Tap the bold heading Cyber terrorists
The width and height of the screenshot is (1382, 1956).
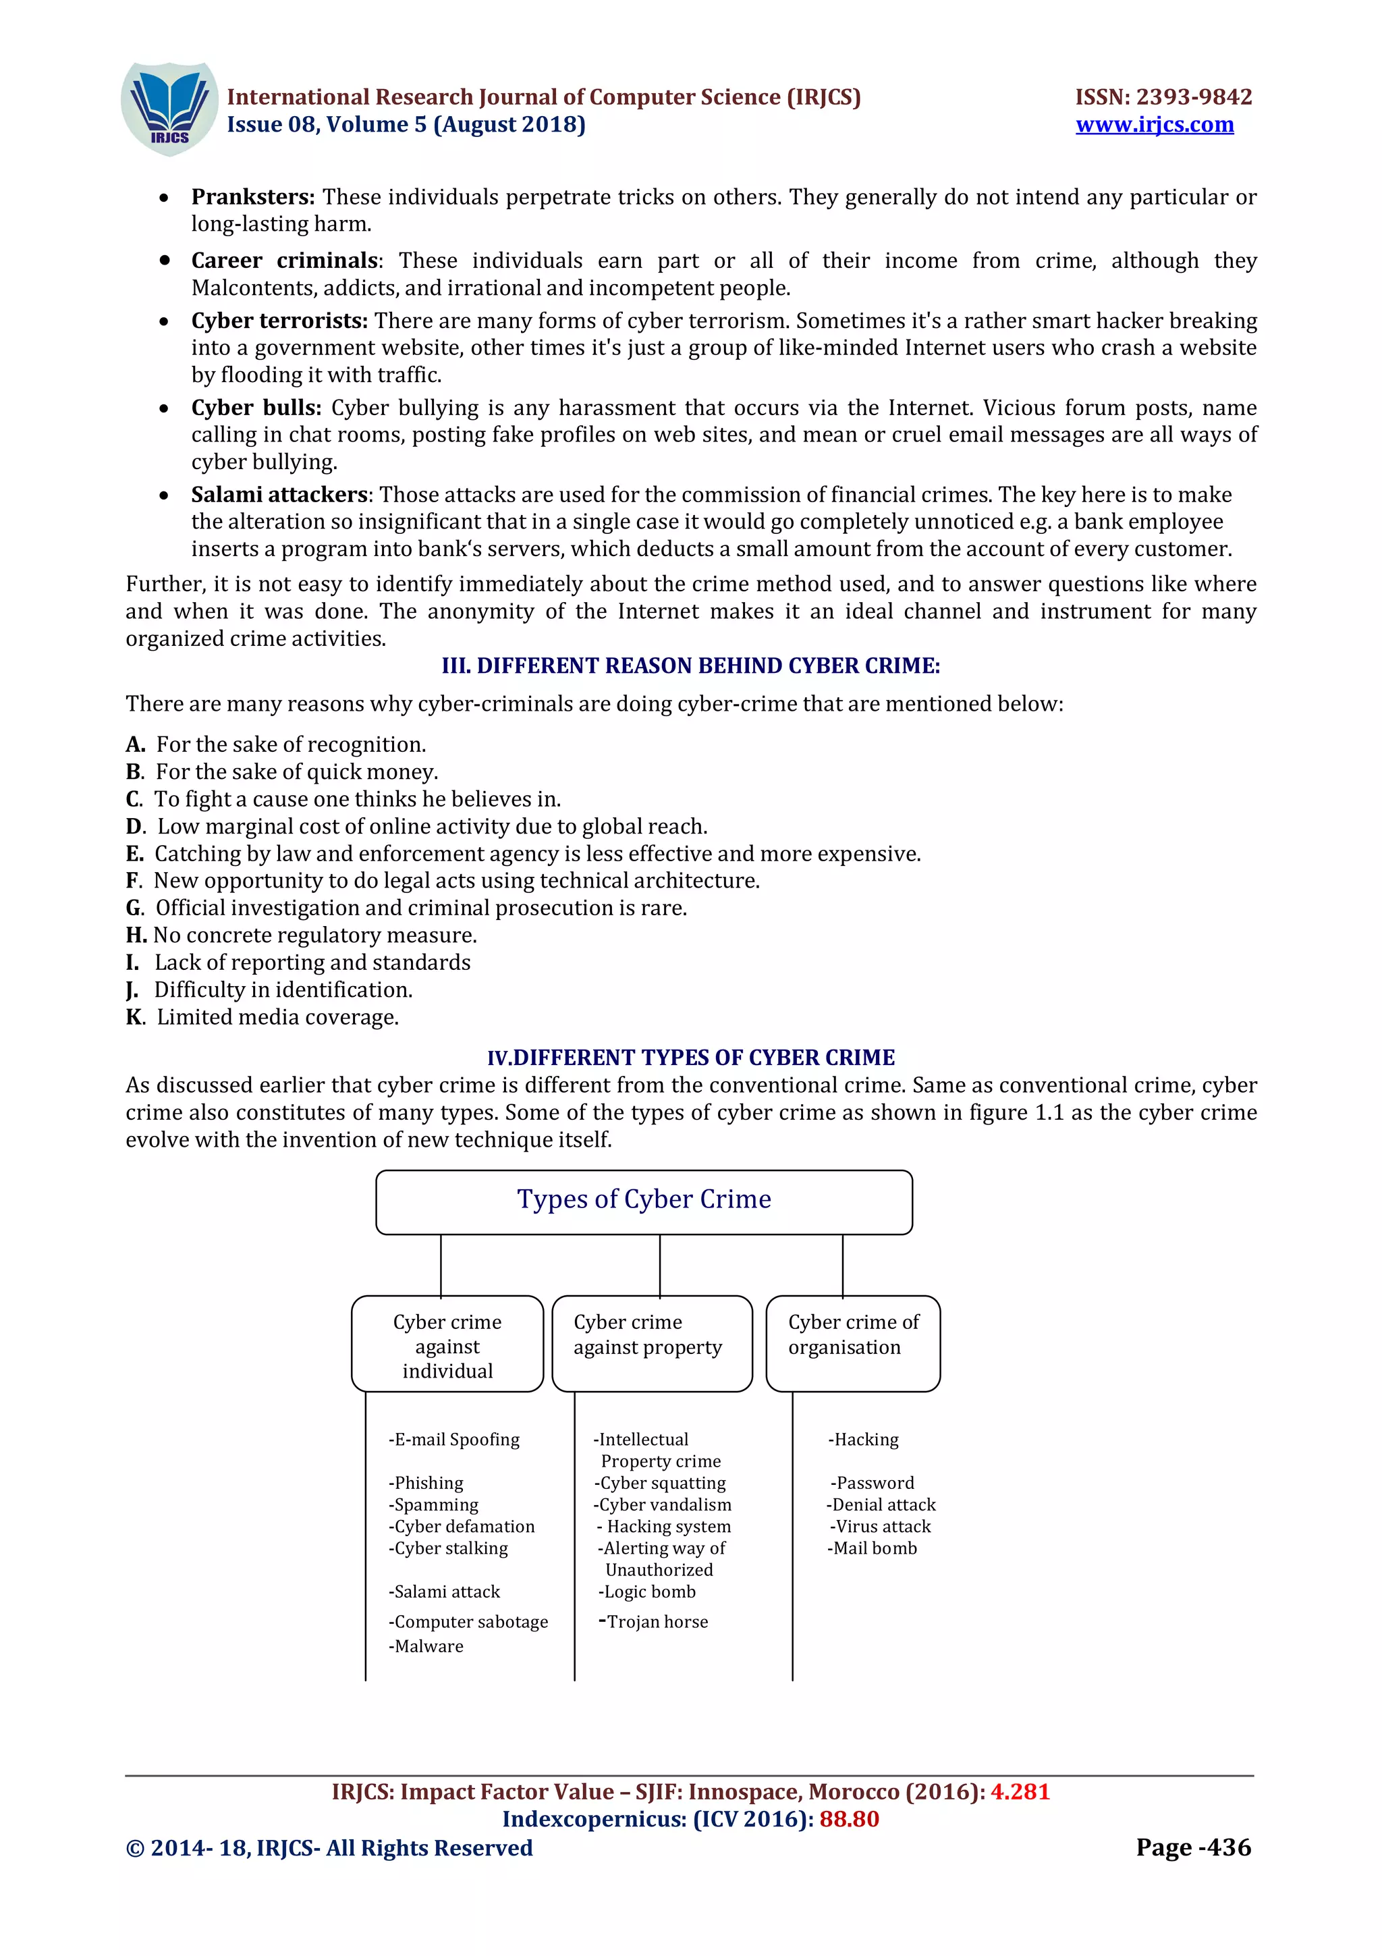[279, 321]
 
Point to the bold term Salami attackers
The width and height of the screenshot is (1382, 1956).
[279, 494]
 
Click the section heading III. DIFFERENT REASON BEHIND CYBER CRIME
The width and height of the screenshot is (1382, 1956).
[690, 665]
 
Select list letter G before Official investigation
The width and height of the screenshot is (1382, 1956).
[134, 908]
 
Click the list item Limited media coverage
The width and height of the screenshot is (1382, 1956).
[277, 1017]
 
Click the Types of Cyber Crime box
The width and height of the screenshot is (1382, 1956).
[644, 1201]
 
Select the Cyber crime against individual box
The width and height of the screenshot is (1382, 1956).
[447, 1345]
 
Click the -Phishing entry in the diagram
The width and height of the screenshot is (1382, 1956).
[426, 1483]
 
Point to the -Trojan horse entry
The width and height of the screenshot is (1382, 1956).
[654, 1621]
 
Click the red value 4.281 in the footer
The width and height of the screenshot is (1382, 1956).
[1019, 1791]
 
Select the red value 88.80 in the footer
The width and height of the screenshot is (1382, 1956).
[849, 1819]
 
